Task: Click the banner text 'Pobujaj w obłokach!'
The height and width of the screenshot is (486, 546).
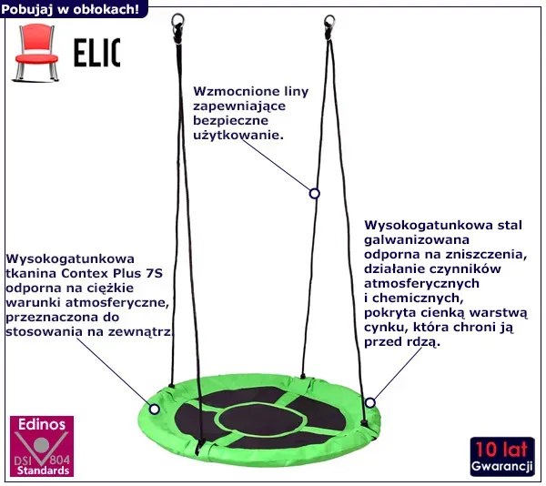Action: click(70, 9)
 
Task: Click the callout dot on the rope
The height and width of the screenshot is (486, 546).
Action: click(315, 193)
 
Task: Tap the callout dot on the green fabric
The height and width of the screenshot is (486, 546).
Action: click(154, 409)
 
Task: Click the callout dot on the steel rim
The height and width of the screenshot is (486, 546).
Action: click(370, 401)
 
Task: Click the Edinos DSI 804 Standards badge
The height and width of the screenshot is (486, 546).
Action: click(42, 446)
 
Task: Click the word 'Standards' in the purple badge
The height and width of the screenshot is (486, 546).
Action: click(42, 471)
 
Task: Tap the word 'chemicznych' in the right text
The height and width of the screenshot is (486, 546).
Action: click(411, 298)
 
